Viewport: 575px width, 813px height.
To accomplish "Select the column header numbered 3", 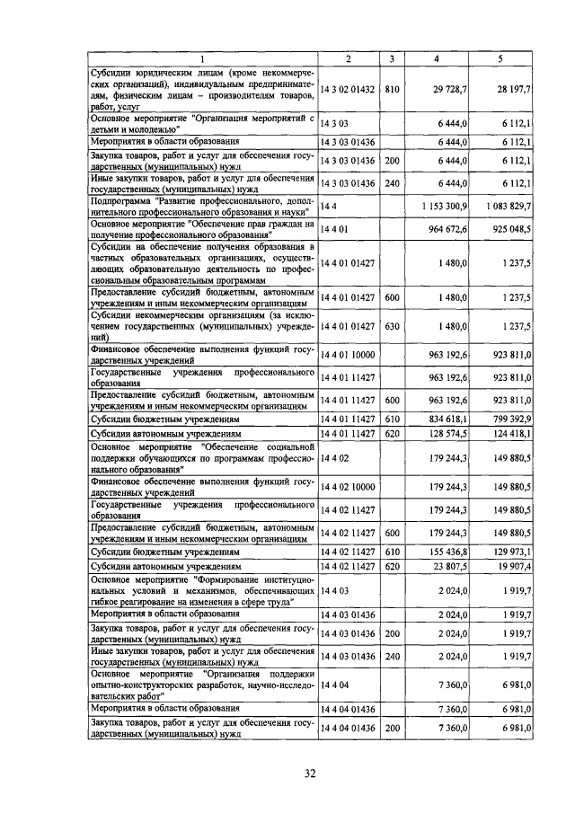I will coord(392,59).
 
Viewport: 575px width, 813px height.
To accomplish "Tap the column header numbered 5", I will coord(500,59).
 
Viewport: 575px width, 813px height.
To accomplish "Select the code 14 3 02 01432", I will coord(349,90).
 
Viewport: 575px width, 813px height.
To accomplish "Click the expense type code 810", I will coord(392,90).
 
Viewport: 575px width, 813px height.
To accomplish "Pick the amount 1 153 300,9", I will coord(445,207).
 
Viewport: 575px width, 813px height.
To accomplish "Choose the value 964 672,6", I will coord(449,230).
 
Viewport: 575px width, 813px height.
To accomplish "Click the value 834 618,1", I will coord(449,419).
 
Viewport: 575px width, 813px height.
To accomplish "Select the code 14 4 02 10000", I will coord(349,488).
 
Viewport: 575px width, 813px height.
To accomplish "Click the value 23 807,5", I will coord(451,567).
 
